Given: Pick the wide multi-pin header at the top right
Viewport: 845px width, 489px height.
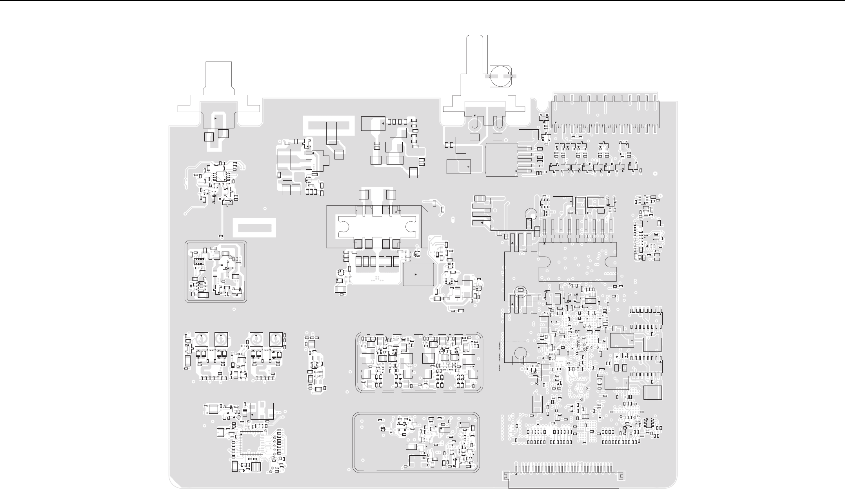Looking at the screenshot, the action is coord(605,112).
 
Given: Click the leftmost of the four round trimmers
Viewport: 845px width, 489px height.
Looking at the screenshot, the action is coord(201,339).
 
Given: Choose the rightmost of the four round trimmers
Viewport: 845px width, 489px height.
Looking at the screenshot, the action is coord(276,339).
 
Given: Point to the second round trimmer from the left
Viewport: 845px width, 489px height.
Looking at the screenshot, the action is coord(221,339).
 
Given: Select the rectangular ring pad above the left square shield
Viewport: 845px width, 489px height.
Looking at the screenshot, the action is coord(254,228).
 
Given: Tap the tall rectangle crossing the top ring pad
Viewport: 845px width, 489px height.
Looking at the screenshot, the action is coord(331,133).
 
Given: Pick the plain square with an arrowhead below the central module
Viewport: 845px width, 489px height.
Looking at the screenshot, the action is coord(418,274).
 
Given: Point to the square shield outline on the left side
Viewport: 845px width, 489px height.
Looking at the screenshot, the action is coord(216,272).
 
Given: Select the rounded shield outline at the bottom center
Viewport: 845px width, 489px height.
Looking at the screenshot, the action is coord(416,442).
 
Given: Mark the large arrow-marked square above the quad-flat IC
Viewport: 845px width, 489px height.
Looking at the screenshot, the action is coord(262,411).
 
